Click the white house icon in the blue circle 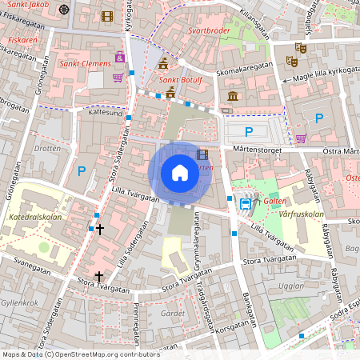(180, 172)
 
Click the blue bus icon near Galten (245, 203)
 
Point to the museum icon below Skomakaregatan (232, 97)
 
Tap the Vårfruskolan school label (302, 214)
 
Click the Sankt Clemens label (83, 63)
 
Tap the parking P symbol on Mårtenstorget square (249, 131)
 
